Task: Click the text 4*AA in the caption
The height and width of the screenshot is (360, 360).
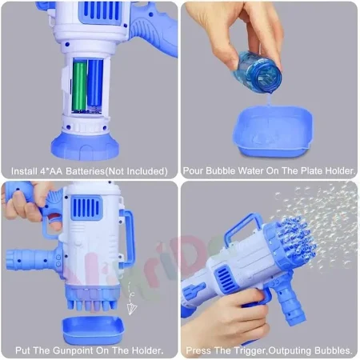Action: tap(52, 170)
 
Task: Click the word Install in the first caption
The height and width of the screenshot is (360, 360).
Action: tap(25, 170)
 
